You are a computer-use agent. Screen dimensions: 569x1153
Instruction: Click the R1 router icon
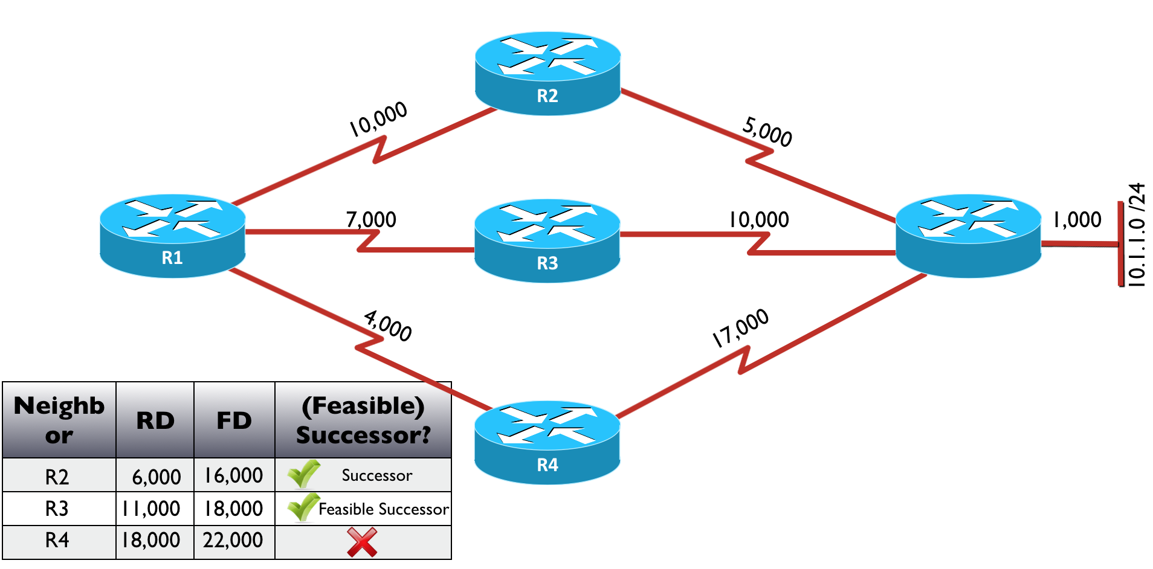click(173, 236)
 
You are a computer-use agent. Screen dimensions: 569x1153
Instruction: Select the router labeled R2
click(547, 73)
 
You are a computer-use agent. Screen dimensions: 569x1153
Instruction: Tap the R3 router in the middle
click(547, 240)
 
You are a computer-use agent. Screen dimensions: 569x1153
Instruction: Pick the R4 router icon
click(547, 442)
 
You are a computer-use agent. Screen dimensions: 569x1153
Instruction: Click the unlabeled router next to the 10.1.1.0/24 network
click(968, 236)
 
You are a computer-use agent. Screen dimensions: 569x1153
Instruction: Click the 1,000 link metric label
click(1077, 220)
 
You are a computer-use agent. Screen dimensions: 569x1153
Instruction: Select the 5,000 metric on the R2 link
click(767, 132)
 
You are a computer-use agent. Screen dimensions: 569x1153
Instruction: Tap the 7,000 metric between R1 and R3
click(371, 220)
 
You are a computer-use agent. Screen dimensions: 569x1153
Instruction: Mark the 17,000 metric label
click(740, 328)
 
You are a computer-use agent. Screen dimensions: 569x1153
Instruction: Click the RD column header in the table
click(155, 420)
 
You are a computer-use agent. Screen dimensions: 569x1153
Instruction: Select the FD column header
click(234, 420)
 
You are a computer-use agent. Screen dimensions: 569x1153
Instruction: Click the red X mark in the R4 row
click(362, 542)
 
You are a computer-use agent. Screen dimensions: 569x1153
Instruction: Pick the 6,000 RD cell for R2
click(156, 477)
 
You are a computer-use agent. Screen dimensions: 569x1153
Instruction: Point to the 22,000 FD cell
click(233, 540)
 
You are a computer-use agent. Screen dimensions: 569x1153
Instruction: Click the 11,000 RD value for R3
click(151, 509)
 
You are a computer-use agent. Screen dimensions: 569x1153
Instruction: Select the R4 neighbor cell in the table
click(57, 540)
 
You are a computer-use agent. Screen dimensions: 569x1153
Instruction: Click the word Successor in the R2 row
click(377, 476)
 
